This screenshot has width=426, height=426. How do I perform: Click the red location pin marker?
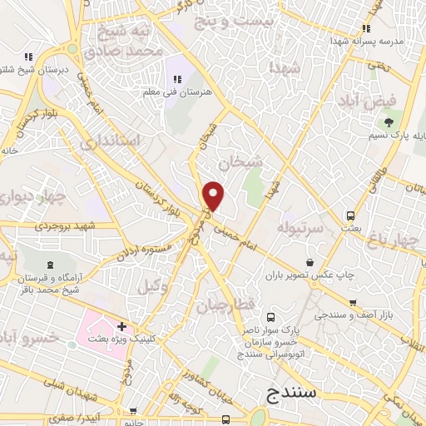214,196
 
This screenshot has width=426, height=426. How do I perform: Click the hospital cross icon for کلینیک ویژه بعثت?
121,325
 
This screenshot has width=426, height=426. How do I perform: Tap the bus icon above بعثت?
351,215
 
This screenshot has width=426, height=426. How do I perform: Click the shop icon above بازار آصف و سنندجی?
354,303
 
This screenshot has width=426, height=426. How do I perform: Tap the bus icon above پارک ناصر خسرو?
271,317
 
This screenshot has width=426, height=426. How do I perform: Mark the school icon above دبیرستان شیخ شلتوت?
28,57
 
